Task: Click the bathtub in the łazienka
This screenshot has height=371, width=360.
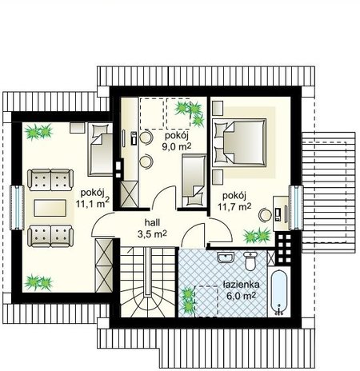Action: tap(278, 293)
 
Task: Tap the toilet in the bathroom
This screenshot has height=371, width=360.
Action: tap(250, 261)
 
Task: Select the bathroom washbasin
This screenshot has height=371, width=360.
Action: tap(226, 257)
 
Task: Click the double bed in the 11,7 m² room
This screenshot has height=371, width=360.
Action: tap(239, 143)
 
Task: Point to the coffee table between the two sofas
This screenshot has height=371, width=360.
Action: tap(50, 208)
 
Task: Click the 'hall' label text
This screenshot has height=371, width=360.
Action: tap(152, 222)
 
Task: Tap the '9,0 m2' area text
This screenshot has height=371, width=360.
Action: tap(177, 146)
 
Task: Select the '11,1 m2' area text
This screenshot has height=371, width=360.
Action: tap(93, 203)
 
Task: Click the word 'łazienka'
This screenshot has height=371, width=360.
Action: tap(241, 285)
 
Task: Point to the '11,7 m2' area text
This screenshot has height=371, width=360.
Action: tap(234, 206)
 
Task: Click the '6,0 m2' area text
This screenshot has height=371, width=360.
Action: tap(242, 296)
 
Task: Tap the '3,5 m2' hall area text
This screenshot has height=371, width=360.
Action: tap(152, 234)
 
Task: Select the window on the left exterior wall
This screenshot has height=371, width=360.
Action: tap(17, 208)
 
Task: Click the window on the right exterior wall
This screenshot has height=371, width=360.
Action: tap(296, 208)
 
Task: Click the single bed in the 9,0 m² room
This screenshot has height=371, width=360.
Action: tap(194, 181)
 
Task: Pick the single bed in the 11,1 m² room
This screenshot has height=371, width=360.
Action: tap(100, 150)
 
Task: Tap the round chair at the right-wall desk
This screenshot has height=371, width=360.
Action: tap(265, 214)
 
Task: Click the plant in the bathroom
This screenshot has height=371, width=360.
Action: tap(188, 301)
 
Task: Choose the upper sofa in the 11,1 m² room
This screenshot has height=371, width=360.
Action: tap(50, 180)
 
